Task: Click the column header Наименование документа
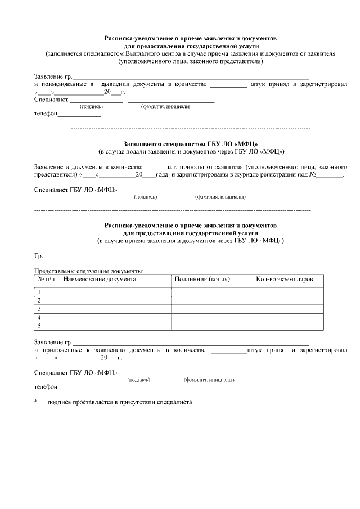99,279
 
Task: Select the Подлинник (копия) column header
205,279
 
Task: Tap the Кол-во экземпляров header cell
281,279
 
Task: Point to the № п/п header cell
46,279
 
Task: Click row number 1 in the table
39,291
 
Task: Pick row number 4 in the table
39,317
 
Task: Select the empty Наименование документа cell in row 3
115,309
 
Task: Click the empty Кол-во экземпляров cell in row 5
287,326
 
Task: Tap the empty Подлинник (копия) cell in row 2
212,300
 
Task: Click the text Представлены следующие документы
89,270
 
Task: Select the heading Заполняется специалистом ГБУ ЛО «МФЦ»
191,143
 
